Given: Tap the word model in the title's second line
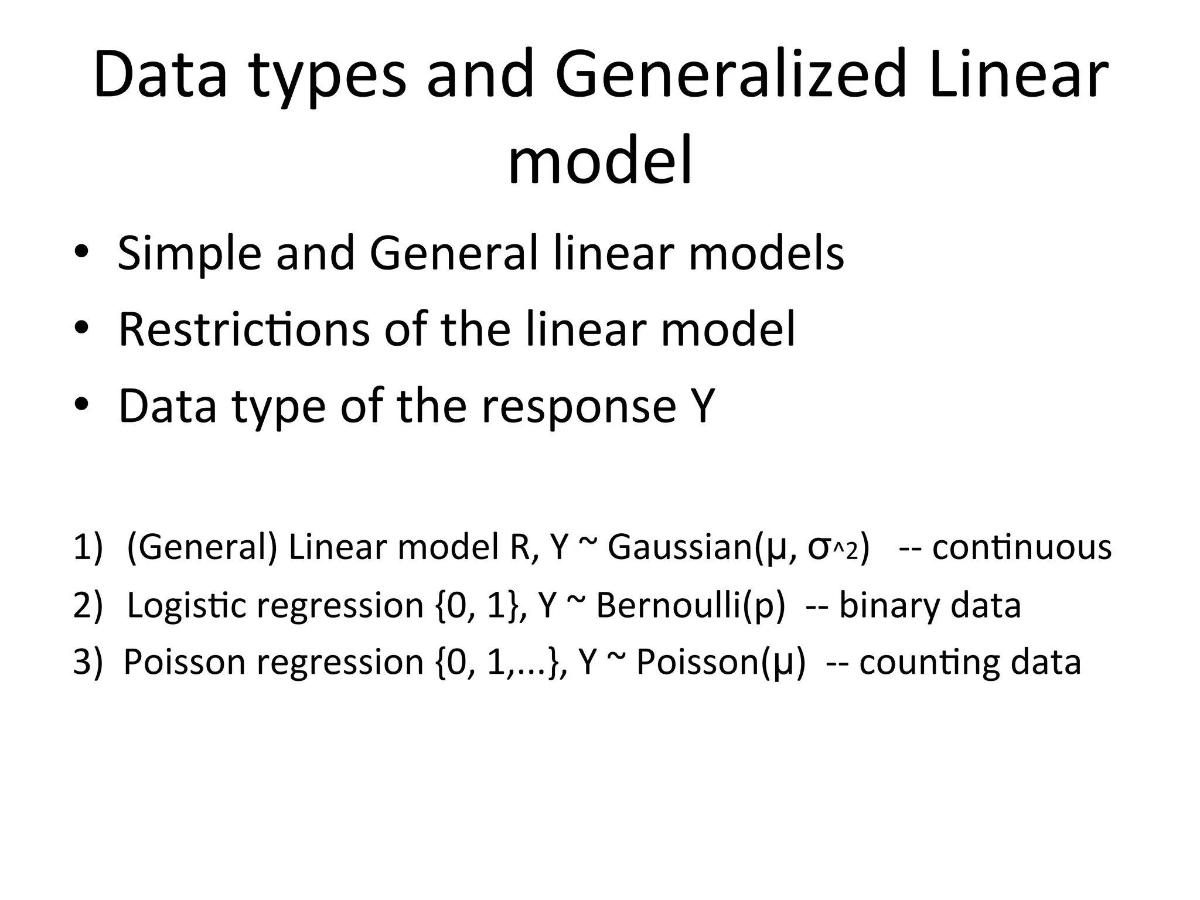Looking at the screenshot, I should pos(600,159).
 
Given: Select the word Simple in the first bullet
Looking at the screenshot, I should pos(189,254).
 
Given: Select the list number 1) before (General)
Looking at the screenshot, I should pos(88,547).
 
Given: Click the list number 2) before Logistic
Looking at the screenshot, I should pos(88,605).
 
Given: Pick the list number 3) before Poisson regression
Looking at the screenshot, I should pos(88,662).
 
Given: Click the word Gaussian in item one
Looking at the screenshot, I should pos(679,547).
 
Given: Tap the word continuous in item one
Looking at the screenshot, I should pos(1021,547).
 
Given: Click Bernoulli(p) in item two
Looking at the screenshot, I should pos(690,605).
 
